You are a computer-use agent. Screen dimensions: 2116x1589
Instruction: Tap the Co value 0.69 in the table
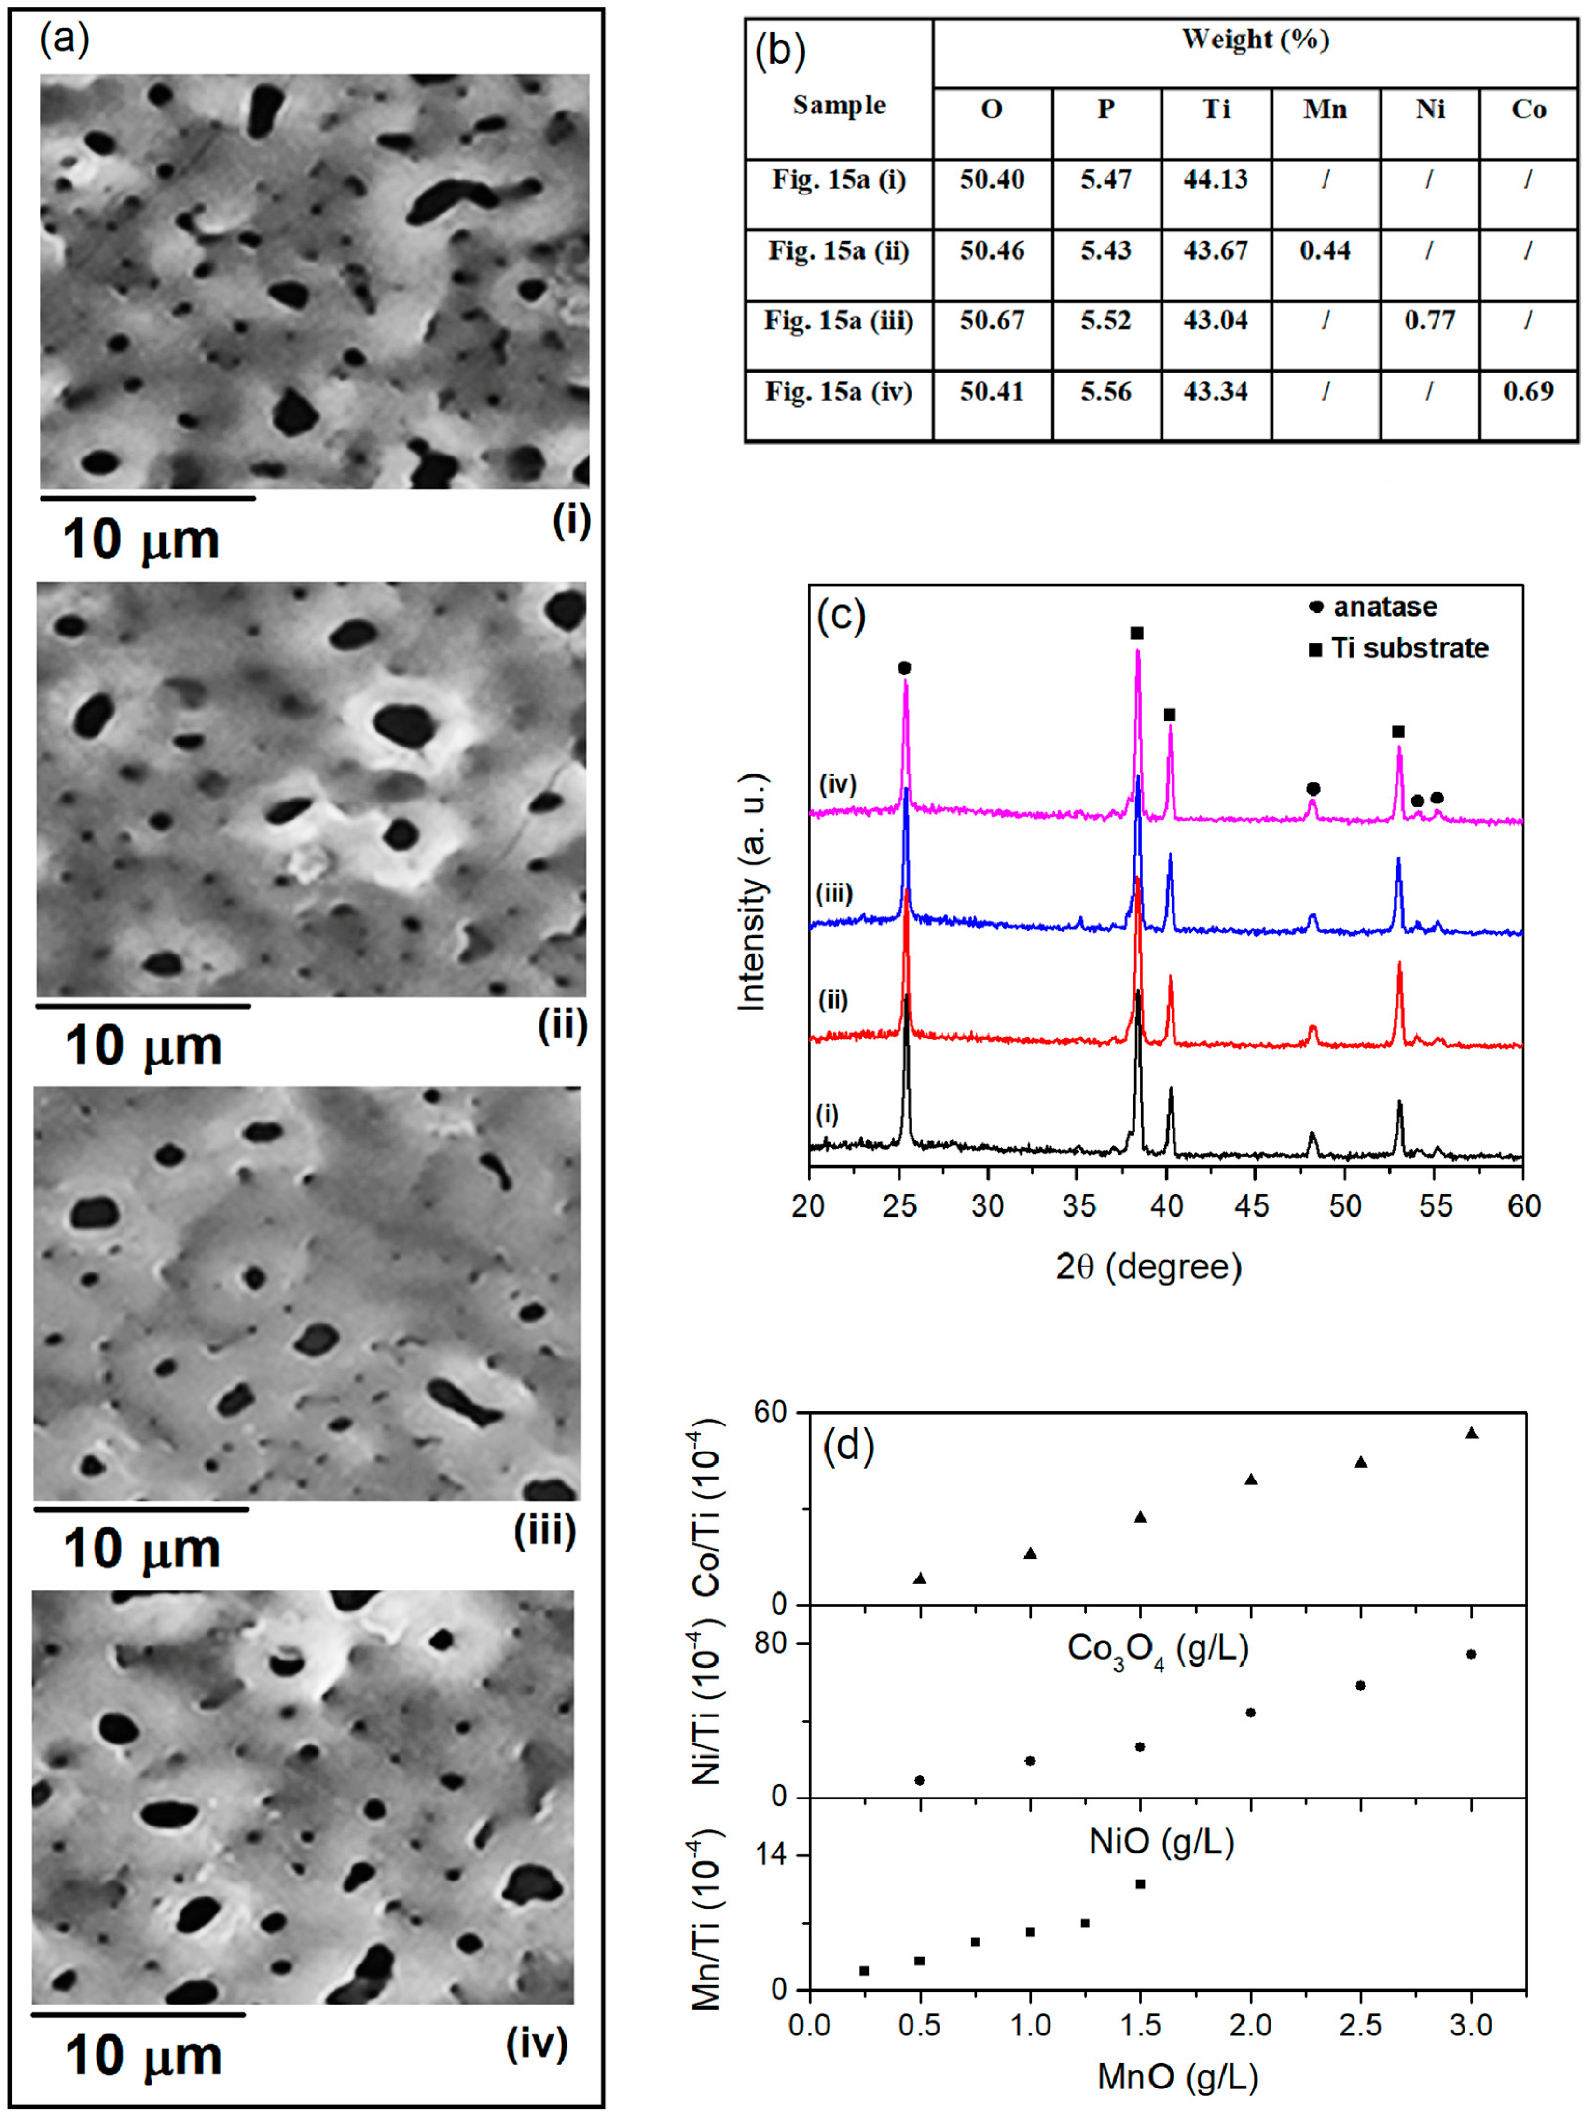click(1528, 391)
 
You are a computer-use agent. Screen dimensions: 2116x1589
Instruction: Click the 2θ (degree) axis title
click(1148, 1268)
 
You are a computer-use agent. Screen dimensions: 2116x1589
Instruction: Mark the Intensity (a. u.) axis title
click(754, 890)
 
